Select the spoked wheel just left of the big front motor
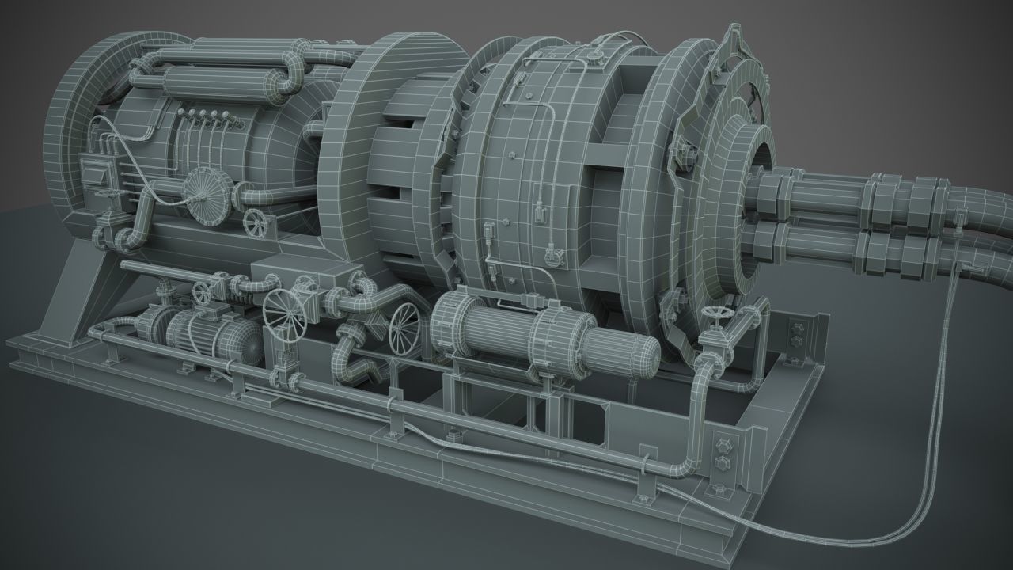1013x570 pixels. (x=406, y=327)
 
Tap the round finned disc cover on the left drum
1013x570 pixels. (x=209, y=196)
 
